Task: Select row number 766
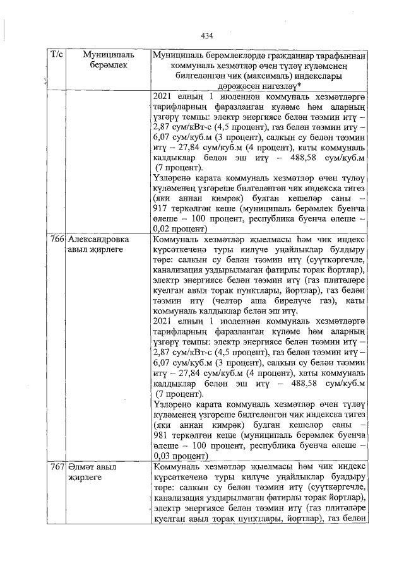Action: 56,240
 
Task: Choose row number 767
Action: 56,468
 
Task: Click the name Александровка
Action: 98,240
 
